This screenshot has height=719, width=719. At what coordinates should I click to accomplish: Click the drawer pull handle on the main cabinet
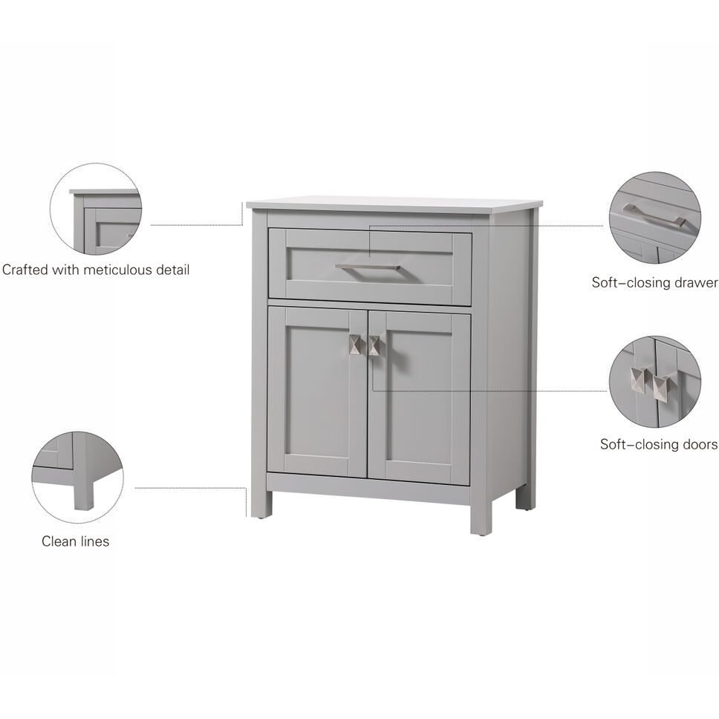coord(368,266)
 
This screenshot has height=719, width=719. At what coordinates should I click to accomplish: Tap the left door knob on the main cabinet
coord(356,345)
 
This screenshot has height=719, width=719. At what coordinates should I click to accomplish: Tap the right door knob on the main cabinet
coord(374,345)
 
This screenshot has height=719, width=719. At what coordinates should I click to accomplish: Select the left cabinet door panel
coord(317,392)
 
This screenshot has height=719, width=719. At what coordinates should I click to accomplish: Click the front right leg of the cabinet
coord(481,517)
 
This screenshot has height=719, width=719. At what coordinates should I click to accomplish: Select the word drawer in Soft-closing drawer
coord(697,282)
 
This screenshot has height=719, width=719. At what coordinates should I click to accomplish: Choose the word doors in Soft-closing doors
coord(699,444)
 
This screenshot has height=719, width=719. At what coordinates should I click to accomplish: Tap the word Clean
coord(59,541)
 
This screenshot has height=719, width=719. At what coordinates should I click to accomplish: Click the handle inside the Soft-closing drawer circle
coord(654,215)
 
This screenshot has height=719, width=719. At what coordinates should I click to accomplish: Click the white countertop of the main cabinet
coord(394,203)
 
